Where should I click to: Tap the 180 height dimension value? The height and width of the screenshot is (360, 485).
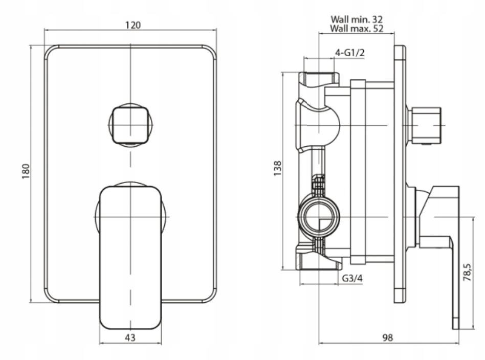26,171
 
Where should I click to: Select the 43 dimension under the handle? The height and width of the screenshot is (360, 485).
130,337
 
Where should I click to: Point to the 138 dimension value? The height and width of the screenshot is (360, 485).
277,169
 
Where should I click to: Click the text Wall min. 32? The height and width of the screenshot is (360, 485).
357,19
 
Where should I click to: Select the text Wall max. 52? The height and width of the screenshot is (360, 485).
357,29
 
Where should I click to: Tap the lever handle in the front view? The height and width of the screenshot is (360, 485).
130,256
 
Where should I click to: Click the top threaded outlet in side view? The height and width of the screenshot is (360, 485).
319,79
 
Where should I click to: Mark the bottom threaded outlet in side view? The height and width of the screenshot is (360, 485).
319,261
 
